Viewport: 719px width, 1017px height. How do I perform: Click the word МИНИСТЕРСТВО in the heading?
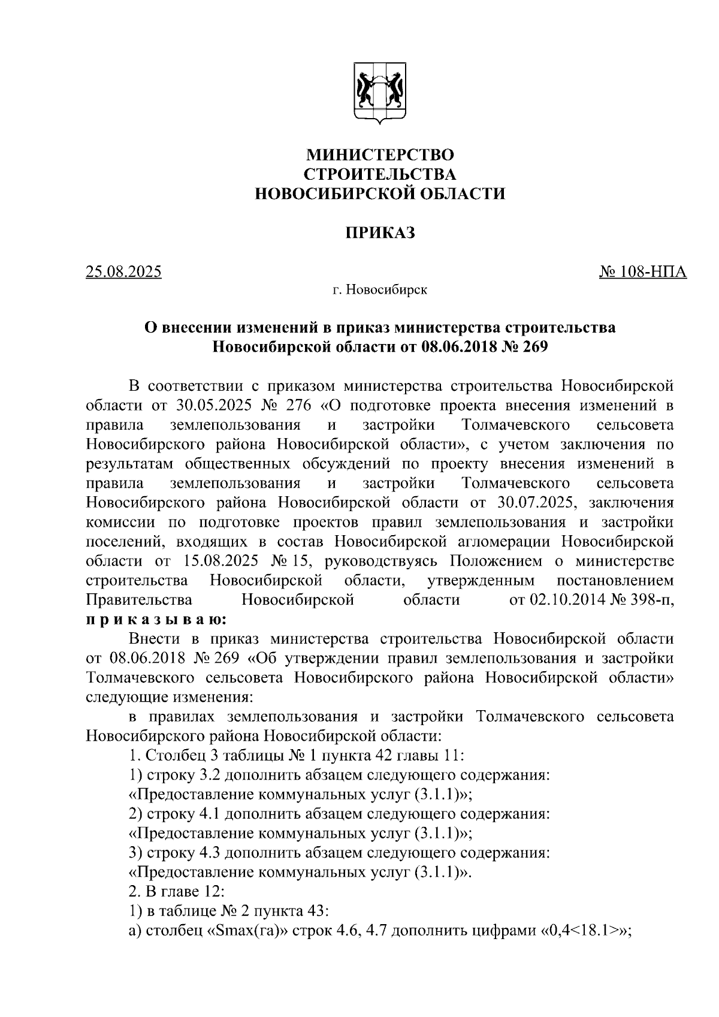coord(380,155)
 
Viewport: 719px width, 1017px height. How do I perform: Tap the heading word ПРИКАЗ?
coord(380,233)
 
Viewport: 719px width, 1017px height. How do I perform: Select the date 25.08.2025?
coord(123,272)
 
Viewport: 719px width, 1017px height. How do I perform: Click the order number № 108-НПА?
coord(643,272)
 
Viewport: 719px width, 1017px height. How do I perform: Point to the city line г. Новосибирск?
coord(380,291)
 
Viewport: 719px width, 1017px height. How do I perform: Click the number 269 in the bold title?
coord(535,347)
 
